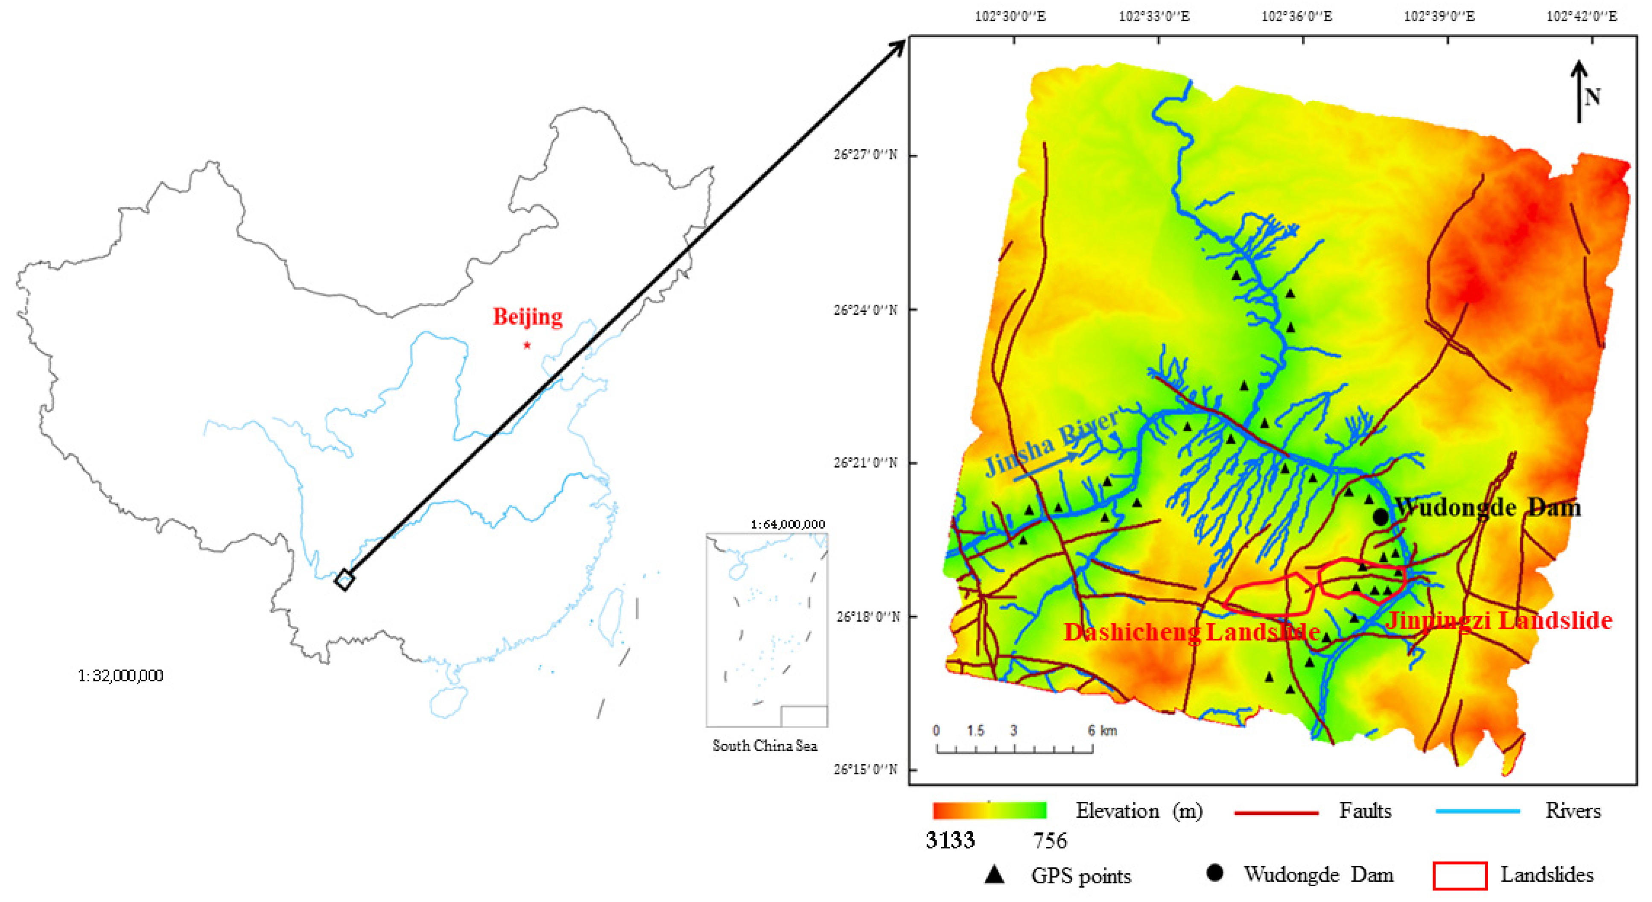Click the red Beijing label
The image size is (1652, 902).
click(527, 317)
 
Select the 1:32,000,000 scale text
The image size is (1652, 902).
click(120, 676)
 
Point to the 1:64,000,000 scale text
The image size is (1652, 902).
click(788, 524)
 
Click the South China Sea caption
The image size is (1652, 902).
click(765, 745)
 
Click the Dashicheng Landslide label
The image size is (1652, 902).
click(1191, 632)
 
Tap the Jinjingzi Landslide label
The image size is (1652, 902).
click(1499, 620)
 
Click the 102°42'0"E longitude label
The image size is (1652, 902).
click(1582, 16)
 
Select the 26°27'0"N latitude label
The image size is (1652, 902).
click(865, 154)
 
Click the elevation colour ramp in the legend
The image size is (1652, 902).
click(989, 811)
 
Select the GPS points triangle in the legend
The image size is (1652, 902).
click(994, 874)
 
